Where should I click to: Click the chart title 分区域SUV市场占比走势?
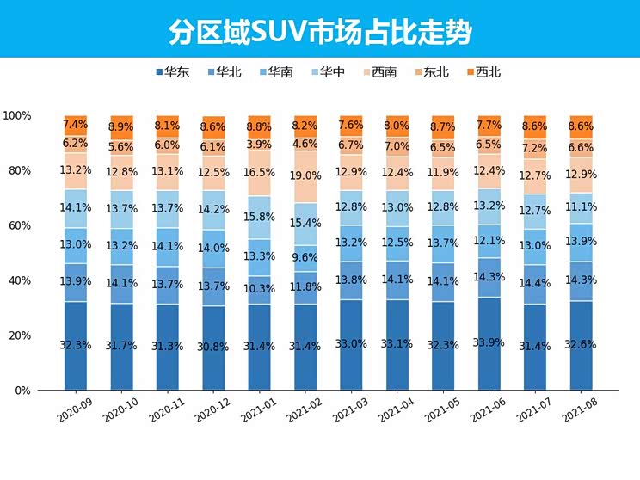(319, 31)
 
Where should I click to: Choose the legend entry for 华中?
(327, 72)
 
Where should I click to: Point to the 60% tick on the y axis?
(18, 225)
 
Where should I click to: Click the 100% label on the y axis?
(16, 115)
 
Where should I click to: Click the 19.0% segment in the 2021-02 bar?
(306, 176)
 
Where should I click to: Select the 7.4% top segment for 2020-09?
(76, 125)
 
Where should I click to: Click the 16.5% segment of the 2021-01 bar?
(260, 172)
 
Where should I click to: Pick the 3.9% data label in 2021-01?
(260, 144)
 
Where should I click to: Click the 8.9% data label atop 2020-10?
(121, 127)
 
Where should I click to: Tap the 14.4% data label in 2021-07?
(536, 281)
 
